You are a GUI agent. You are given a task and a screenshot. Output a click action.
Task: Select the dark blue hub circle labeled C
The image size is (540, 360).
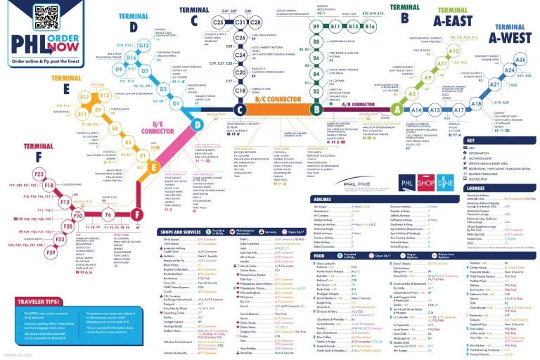tap(240, 110)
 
